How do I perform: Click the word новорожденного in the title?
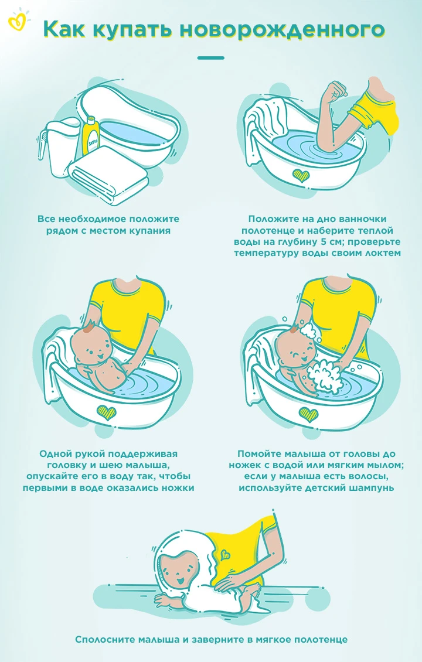283,30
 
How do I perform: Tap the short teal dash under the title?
211,58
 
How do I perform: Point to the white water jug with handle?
59,140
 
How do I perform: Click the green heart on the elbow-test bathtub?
302,175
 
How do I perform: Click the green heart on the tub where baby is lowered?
105,412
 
